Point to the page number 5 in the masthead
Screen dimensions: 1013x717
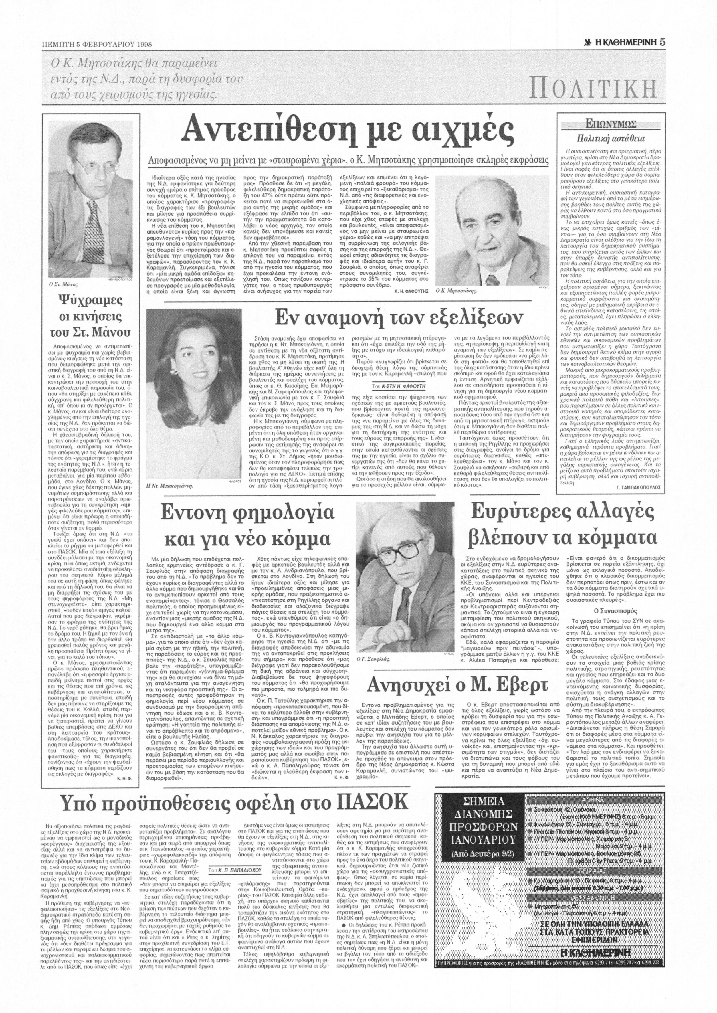click(x=663, y=42)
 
